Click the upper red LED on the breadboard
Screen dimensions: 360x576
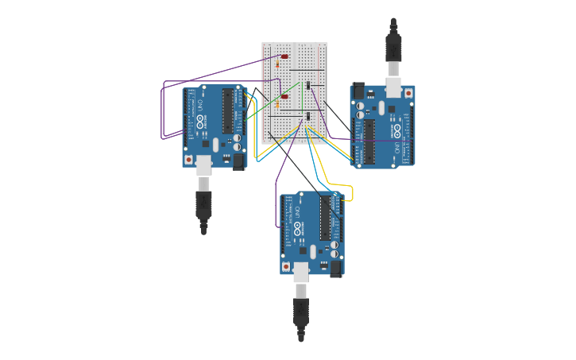[284, 56]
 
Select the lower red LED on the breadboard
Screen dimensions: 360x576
[284, 97]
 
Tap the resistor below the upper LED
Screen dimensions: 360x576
[287, 64]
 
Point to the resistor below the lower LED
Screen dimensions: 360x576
[287, 105]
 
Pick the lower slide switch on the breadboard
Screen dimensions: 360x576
[307, 118]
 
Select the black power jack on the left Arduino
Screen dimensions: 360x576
[238, 161]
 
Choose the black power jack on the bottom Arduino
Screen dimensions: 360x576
[336, 268]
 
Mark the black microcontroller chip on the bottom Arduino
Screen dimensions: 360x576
[325, 218]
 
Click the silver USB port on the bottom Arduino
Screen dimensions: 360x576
[301, 272]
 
